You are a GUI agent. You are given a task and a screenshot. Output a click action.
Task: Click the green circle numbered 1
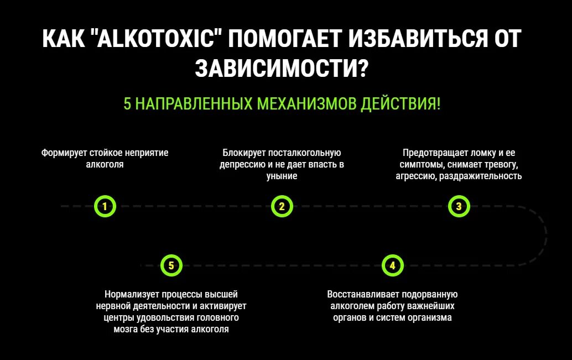[x=105, y=207]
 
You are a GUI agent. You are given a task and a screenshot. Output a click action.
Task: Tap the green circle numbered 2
[x=282, y=207]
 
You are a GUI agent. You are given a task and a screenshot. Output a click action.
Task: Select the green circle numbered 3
[x=459, y=207]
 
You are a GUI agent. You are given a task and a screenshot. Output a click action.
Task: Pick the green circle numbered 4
[x=392, y=265]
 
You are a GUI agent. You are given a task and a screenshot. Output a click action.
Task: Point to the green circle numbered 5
[x=171, y=265]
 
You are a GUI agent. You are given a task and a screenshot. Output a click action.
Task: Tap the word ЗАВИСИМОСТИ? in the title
[x=282, y=69]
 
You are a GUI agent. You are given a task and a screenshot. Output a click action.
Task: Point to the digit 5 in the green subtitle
[x=127, y=103]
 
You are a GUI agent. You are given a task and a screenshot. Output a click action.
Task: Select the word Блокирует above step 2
[x=243, y=152]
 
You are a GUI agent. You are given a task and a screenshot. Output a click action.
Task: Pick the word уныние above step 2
[x=282, y=176]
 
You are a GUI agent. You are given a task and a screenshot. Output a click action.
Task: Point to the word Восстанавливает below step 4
[x=362, y=294]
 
